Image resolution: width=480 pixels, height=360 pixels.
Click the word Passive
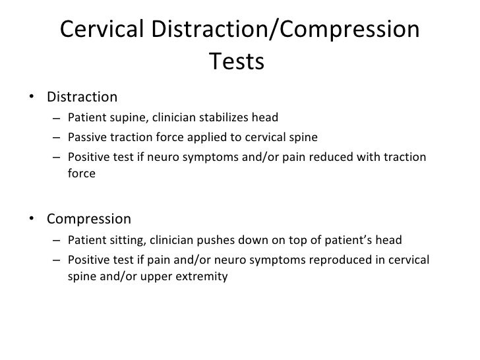coord(86,138)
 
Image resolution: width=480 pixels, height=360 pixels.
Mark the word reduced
coord(325,157)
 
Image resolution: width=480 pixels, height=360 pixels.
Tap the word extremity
coord(202,277)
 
